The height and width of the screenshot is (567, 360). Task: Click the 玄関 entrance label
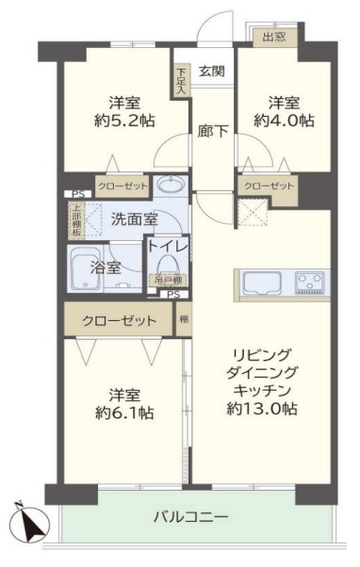[x=211, y=71]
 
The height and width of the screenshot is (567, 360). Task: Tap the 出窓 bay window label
[x=273, y=38]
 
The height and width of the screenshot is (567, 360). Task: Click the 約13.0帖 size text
[x=264, y=408]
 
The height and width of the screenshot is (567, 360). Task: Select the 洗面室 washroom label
[x=134, y=220]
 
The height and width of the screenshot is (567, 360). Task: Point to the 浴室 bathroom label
[x=105, y=267]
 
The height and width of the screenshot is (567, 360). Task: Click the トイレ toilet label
[x=167, y=247]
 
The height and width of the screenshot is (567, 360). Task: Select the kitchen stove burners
[x=311, y=281]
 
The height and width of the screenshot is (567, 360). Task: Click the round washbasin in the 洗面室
[x=171, y=185]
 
